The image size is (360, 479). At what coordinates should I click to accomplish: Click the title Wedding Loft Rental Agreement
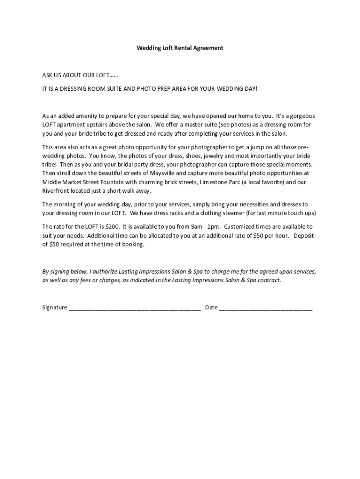[180, 48]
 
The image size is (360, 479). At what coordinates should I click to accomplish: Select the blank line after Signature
[135, 308]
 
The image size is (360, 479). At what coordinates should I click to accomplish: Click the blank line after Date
[266, 308]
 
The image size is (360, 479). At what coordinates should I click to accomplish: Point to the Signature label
[55, 308]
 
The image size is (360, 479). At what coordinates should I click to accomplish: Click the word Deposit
[304, 236]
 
